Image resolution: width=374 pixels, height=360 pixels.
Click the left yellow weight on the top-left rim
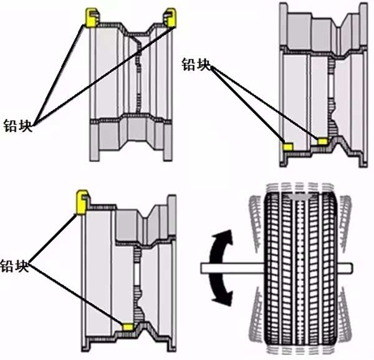(91, 17)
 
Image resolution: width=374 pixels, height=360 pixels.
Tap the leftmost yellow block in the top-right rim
(289, 146)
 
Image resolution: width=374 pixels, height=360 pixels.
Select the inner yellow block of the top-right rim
(322, 142)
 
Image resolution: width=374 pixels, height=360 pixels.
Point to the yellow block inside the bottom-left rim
(128, 326)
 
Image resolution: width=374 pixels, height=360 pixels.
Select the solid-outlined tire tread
(299, 268)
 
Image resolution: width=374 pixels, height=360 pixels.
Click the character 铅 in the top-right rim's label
(189, 64)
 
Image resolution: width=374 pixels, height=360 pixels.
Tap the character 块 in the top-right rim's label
(204, 64)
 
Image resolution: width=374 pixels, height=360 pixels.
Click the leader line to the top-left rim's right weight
(103, 72)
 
